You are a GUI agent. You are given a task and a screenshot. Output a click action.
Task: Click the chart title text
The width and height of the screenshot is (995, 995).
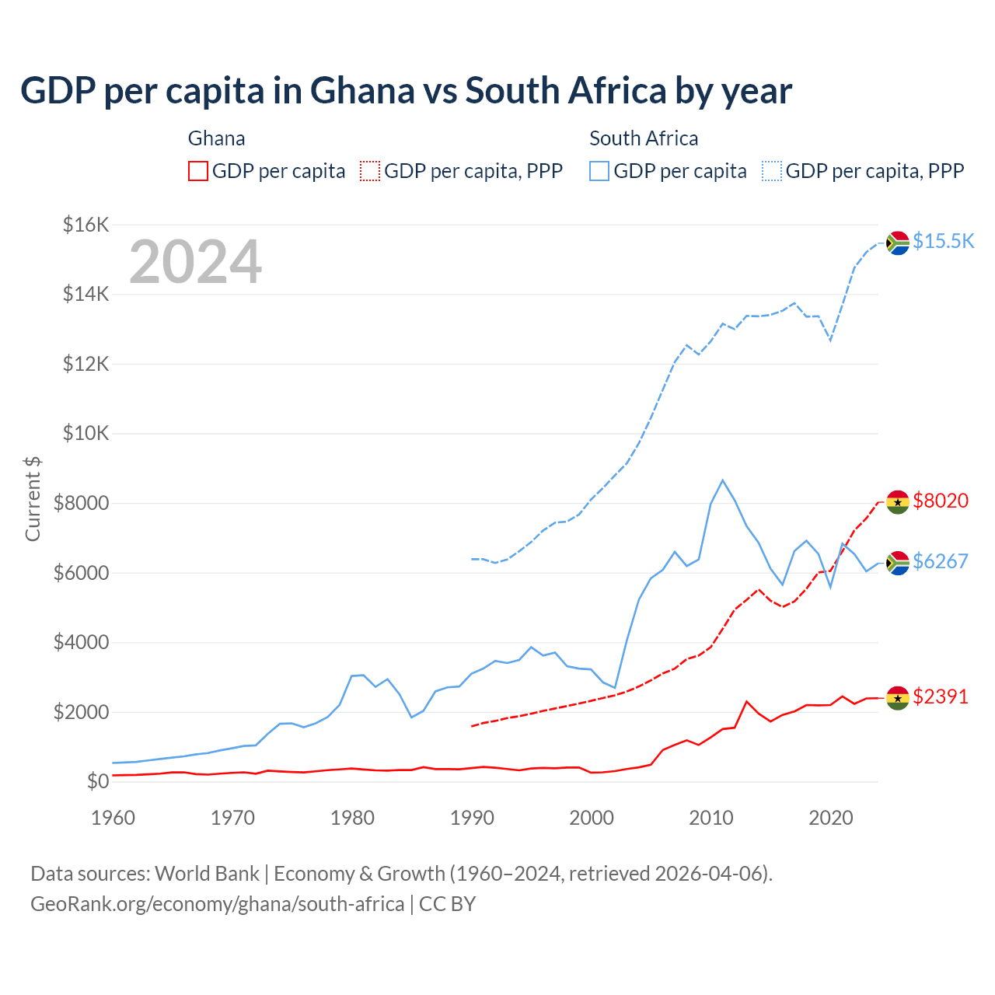click(406, 91)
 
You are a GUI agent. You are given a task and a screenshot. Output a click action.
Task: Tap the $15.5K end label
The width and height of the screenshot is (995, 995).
click(943, 242)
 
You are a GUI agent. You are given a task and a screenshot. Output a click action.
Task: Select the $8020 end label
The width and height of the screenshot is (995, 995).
click(941, 501)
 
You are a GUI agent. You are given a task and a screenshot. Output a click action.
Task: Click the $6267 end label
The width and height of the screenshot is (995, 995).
click(941, 561)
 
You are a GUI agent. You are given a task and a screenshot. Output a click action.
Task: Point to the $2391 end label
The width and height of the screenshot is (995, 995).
click(941, 697)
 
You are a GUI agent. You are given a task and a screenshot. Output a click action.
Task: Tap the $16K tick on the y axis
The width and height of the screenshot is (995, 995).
click(86, 225)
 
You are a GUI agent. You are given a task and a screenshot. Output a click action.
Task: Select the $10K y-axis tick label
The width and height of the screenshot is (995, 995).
click(86, 434)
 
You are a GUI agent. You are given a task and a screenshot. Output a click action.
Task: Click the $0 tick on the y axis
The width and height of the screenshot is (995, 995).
click(97, 781)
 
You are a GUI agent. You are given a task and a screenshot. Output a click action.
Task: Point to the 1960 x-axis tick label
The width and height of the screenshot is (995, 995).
click(113, 818)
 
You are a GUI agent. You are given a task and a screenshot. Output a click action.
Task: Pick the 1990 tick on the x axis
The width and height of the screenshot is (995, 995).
click(472, 818)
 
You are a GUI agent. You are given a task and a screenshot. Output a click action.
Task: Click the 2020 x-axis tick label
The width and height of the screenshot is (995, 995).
click(831, 818)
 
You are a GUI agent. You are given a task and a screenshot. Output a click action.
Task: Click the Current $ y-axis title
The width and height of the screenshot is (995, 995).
click(33, 499)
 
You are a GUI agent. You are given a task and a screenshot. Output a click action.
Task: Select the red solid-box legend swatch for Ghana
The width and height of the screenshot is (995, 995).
click(198, 171)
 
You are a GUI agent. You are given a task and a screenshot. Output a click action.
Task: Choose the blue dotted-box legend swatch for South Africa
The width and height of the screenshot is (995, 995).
click(772, 171)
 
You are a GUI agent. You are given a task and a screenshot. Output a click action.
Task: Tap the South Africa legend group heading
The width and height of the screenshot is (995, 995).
click(644, 138)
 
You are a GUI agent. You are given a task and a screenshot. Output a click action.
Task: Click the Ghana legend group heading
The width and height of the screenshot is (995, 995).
click(216, 138)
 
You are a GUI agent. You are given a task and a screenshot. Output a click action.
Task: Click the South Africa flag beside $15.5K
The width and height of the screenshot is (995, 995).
click(898, 243)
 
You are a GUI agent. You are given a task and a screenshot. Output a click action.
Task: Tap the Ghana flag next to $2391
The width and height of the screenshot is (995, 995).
click(898, 698)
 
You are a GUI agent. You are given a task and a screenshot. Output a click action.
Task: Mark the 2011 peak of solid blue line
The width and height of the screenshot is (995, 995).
click(723, 480)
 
